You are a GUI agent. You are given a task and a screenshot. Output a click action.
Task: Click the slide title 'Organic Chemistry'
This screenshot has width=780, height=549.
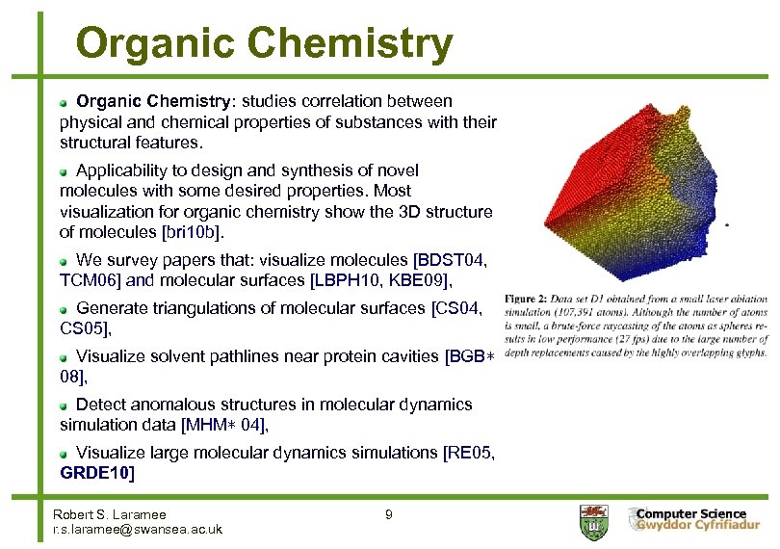click(264, 43)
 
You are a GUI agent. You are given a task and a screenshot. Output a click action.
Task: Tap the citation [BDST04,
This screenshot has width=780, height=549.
click(451, 261)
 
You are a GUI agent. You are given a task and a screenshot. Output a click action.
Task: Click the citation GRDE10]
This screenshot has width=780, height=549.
click(97, 473)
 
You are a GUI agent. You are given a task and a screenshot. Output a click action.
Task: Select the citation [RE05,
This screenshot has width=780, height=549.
click(469, 453)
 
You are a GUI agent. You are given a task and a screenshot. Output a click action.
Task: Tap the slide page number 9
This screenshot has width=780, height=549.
click(388, 515)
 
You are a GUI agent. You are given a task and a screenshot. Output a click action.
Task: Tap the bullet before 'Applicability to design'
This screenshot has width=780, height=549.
click(64, 170)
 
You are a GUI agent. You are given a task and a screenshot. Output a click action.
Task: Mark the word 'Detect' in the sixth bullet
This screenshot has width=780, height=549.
click(100, 405)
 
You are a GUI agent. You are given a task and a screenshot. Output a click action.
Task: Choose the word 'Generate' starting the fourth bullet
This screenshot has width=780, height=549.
click(110, 307)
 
